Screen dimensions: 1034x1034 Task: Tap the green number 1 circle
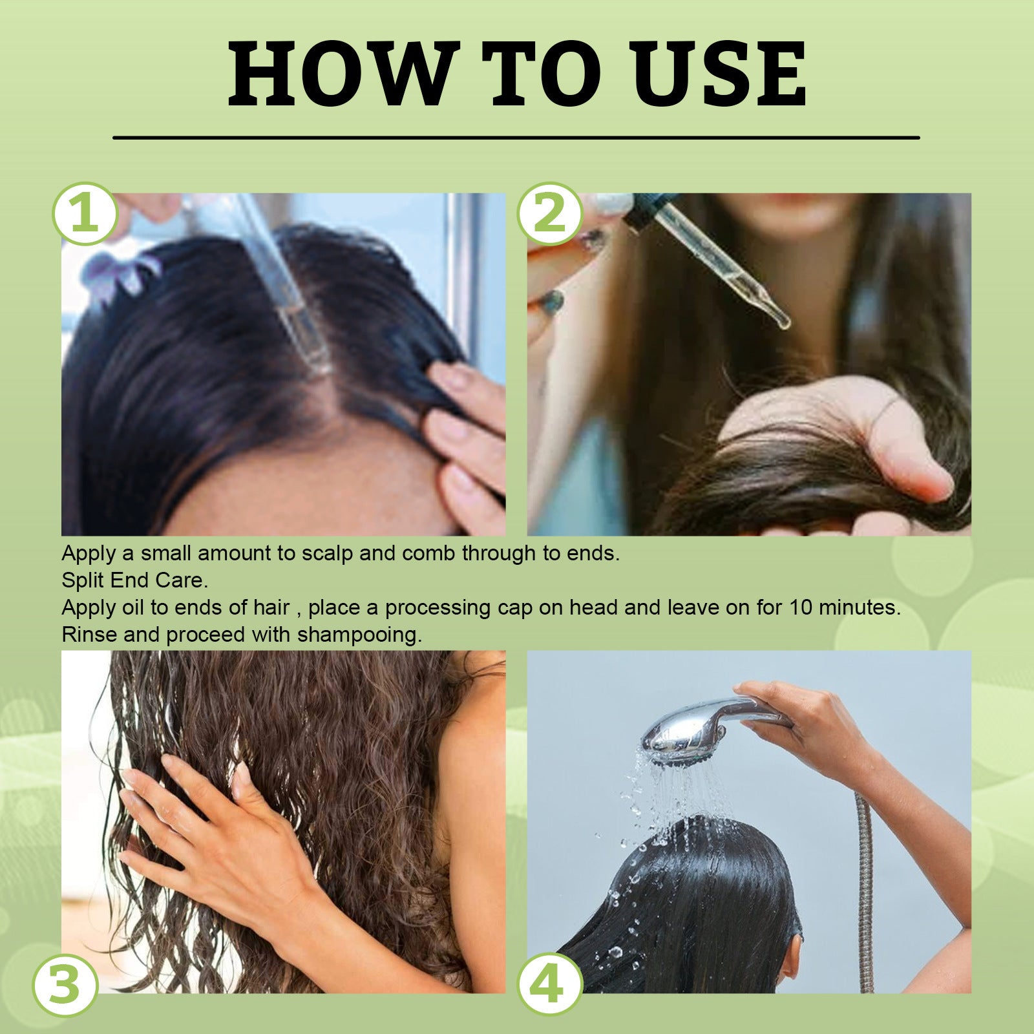(x=85, y=214)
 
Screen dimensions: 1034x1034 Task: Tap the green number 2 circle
(x=550, y=214)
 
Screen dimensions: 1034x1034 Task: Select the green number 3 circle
(x=65, y=986)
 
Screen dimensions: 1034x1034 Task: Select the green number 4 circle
(x=550, y=986)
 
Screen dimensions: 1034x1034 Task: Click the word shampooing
(x=359, y=635)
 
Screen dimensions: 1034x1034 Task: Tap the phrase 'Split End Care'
(x=134, y=580)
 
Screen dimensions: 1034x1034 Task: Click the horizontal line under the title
(x=516, y=138)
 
